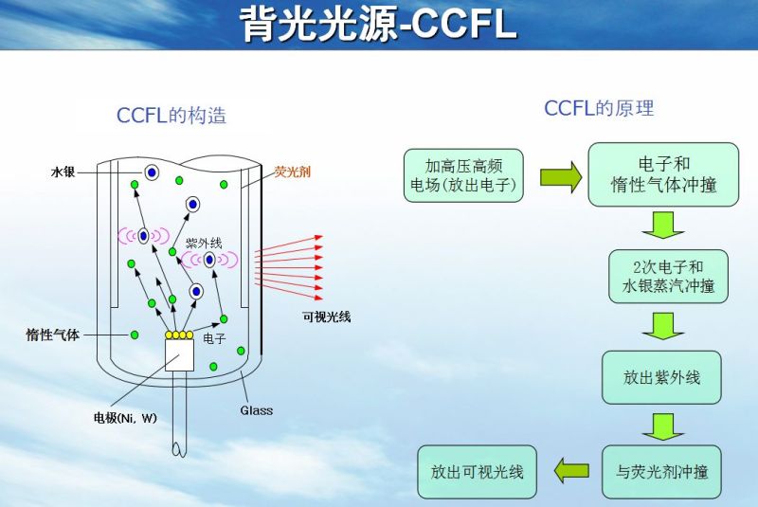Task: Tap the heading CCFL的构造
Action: [171, 117]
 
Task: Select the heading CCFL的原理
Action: [599, 108]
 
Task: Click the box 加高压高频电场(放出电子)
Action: [463, 174]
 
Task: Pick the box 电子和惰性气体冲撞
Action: [663, 173]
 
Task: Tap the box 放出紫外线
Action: [661, 377]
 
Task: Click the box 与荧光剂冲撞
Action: [661, 471]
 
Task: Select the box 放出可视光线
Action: [477, 471]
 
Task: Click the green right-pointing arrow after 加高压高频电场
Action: [560, 175]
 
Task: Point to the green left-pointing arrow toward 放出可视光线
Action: [570, 469]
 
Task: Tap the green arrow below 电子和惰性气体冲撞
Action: [662, 225]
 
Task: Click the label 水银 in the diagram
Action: [63, 172]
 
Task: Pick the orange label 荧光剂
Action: [292, 172]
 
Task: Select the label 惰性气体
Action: [53, 335]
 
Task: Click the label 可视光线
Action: [326, 317]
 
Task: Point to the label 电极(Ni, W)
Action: [124, 418]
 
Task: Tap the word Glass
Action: [256, 410]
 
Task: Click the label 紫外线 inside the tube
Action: [204, 244]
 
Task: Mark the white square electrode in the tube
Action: [179, 353]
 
